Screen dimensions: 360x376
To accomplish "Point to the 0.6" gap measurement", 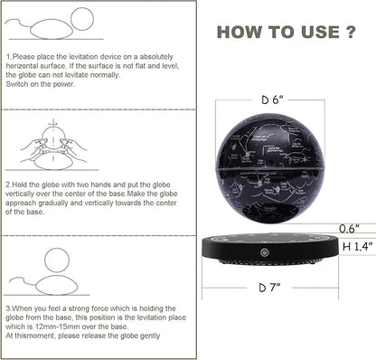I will click(x=349, y=229).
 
